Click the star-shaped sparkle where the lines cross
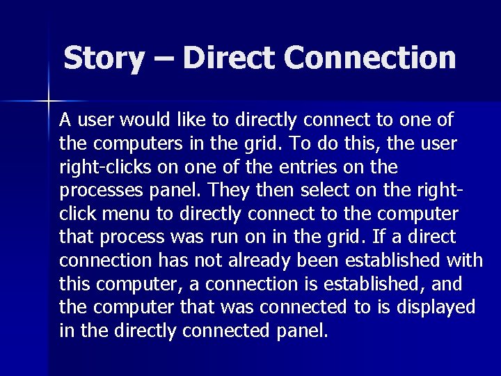click(49, 102)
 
